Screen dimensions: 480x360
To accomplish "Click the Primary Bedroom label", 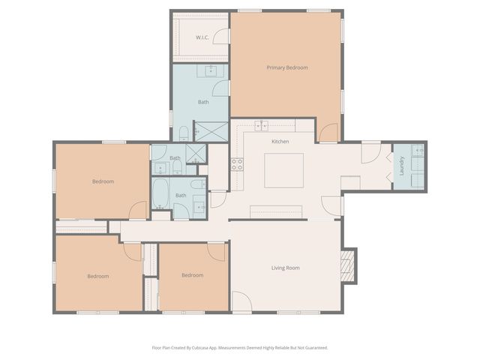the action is point(287,67).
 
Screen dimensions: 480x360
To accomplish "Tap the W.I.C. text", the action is point(202,37).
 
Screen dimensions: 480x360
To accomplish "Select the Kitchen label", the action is point(280,142).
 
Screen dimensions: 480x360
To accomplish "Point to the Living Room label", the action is point(285,268).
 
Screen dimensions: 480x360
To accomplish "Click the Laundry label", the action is point(402,166).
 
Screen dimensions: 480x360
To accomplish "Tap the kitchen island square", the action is point(283,170).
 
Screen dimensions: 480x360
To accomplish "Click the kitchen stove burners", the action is point(237,164).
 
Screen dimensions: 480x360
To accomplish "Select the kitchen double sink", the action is point(262,126).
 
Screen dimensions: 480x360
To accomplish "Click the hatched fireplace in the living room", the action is point(348,266).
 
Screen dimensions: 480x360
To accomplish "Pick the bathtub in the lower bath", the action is point(160,193).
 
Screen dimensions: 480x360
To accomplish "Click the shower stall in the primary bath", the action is point(211,132).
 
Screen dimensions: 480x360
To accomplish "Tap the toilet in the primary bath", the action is point(184,133).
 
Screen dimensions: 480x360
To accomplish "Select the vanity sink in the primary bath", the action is point(211,70).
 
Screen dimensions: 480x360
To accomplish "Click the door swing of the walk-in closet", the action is point(220,37).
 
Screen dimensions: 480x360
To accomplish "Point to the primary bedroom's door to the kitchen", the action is point(328,133).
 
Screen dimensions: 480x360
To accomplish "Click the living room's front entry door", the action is point(241,301).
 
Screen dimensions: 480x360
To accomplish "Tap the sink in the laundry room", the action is point(418,151).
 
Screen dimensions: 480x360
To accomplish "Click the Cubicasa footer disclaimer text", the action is point(240,348).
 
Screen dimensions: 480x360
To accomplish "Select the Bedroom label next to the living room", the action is point(193,275).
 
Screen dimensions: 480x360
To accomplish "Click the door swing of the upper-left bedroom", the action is point(138,210).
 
